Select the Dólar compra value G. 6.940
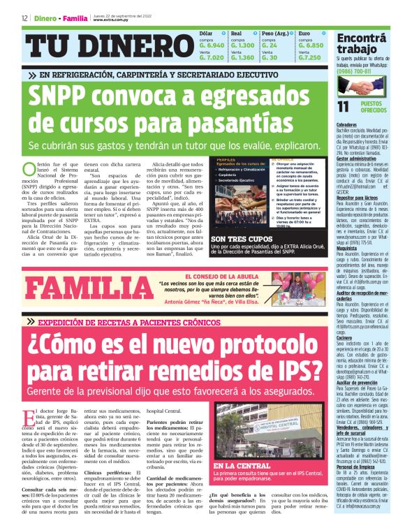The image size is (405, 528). click(212, 45)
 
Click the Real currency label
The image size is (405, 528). click(236, 33)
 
